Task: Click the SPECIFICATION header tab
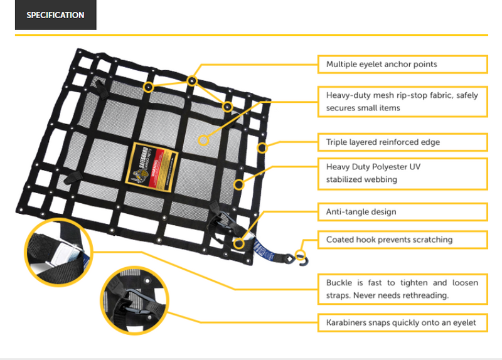tap(56, 15)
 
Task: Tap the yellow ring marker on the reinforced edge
tap(262, 148)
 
